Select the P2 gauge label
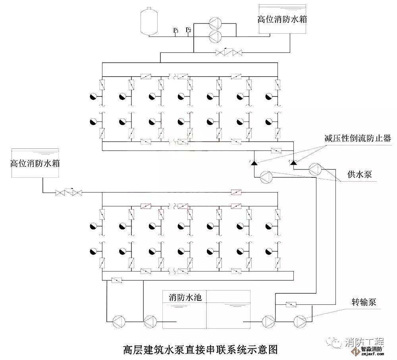pos(189,30)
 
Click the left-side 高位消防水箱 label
pos(35,163)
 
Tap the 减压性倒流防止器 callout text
pos(357,138)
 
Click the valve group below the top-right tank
pos(229,52)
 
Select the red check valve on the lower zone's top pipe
pos(237,193)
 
